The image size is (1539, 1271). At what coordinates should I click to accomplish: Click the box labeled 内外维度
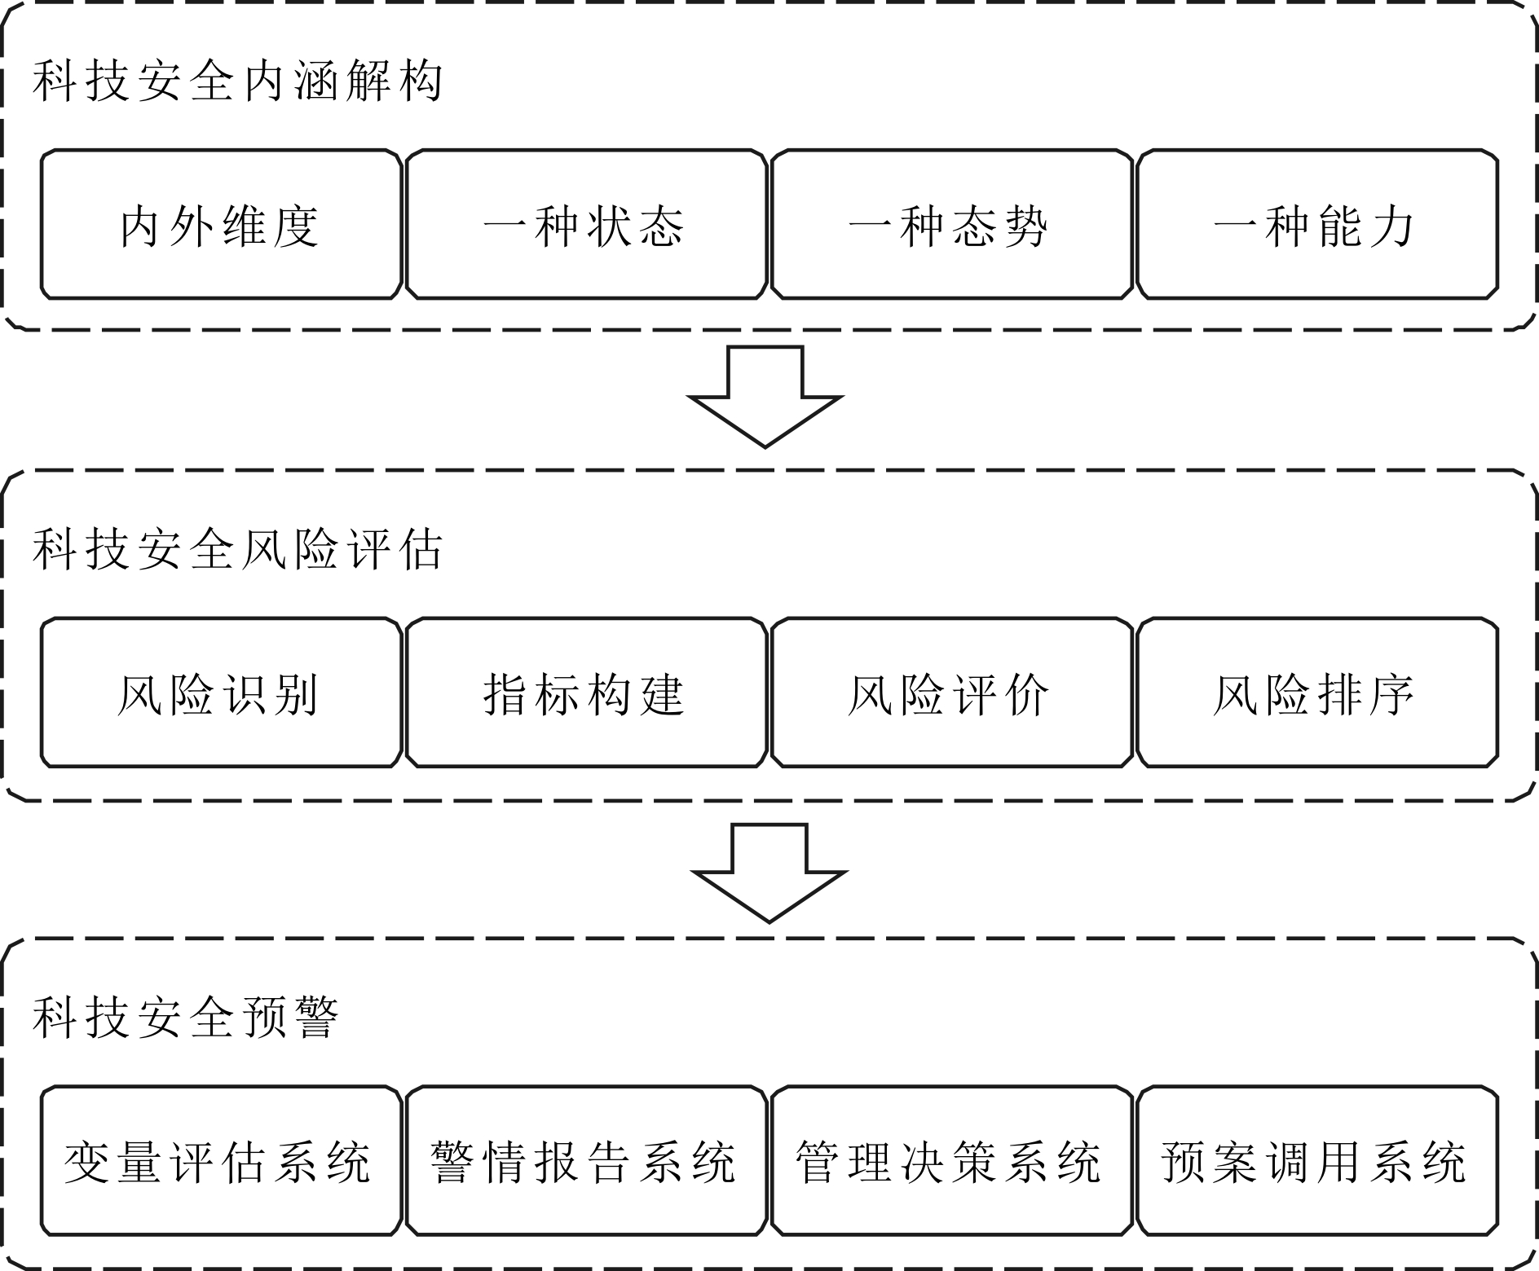click(x=221, y=224)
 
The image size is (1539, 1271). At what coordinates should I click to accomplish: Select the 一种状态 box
click(x=586, y=224)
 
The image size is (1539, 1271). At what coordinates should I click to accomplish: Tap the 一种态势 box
click(x=951, y=224)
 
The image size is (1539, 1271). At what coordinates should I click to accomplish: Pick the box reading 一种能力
click(x=1317, y=224)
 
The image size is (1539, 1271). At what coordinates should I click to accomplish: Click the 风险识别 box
click(x=221, y=693)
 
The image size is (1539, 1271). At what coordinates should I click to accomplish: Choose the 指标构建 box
click(x=586, y=693)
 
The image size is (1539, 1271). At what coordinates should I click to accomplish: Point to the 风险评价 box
click(x=951, y=693)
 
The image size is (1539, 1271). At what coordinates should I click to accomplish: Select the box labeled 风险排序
click(x=1317, y=693)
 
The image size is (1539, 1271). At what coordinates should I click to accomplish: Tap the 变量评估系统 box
click(x=221, y=1161)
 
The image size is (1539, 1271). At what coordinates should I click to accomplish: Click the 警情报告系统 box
click(x=586, y=1161)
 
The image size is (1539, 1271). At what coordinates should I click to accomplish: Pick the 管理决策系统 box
click(x=951, y=1161)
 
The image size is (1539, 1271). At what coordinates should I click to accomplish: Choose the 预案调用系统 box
click(x=1317, y=1161)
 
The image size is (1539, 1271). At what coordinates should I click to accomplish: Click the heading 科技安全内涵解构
click(x=238, y=81)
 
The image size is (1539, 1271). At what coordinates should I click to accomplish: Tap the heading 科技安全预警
click(x=186, y=1018)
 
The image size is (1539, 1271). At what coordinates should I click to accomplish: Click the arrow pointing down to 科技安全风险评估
click(x=765, y=397)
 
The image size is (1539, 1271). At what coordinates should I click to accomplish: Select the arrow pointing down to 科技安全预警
click(x=769, y=873)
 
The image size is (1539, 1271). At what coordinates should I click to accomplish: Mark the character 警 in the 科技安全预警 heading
click(x=315, y=1018)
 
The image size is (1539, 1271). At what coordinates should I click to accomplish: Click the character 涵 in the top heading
click(x=315, y=81)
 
